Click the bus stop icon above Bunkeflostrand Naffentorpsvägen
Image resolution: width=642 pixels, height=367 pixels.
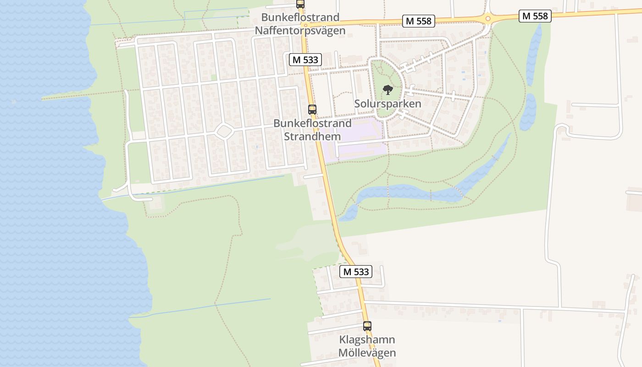point(300,4)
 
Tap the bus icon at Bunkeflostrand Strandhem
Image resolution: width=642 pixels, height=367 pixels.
point(312,109)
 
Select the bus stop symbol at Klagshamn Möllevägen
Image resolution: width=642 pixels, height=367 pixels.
point(367,326)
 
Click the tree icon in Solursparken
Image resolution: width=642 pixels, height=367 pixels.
point(387,89)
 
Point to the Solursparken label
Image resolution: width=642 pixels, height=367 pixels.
point(387,104)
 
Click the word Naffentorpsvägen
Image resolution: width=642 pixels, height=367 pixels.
point(300,31)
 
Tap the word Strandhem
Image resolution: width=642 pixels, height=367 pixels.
point(312,136)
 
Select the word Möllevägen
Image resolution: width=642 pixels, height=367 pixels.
point(367,353)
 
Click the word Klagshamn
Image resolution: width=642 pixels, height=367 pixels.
point(367,340)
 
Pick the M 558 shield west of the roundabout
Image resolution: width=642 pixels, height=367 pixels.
point(418,21)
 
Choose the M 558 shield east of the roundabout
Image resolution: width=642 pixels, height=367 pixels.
point(535,16)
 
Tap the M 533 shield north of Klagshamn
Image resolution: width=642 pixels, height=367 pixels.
point(356,272)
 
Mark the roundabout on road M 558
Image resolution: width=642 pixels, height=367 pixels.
point(487,19)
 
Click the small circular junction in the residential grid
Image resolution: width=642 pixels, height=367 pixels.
point(224,131)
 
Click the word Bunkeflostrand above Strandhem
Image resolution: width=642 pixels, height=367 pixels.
point(312,123)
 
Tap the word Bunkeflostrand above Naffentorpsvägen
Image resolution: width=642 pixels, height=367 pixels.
point(300,17)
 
